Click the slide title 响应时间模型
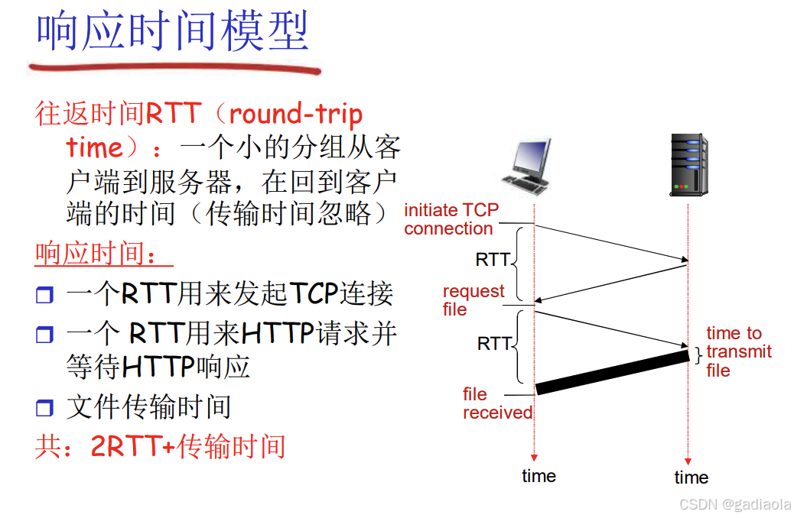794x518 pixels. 173,32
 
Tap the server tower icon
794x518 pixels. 688,164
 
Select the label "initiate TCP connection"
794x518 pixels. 451,219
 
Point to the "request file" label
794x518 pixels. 473,300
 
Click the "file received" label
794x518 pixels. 496,403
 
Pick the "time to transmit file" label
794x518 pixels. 738,351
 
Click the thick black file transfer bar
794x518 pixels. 612,372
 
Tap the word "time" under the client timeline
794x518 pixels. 539,476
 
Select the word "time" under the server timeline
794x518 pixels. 691,478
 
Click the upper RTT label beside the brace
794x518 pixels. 493,260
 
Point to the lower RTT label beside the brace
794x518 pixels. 494,344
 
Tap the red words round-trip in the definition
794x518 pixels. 295,114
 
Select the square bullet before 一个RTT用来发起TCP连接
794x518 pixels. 44,295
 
